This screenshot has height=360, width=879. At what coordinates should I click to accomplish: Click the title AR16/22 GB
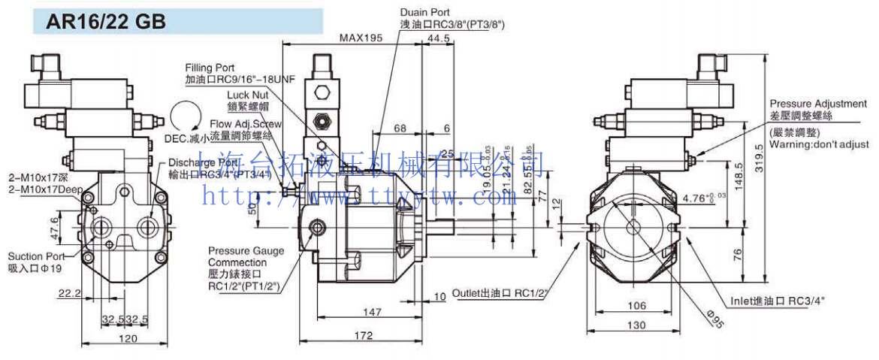pos(106,22)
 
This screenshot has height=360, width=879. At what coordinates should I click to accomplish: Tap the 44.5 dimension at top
pos(438,38)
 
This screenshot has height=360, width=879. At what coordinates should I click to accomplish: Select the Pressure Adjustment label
pos(818,103)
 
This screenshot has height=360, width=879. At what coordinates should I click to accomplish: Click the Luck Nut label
pos(247,95)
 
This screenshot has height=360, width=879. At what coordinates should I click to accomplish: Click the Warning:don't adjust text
pos(818,144)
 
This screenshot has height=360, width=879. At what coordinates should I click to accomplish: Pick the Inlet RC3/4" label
pos(778,301)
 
